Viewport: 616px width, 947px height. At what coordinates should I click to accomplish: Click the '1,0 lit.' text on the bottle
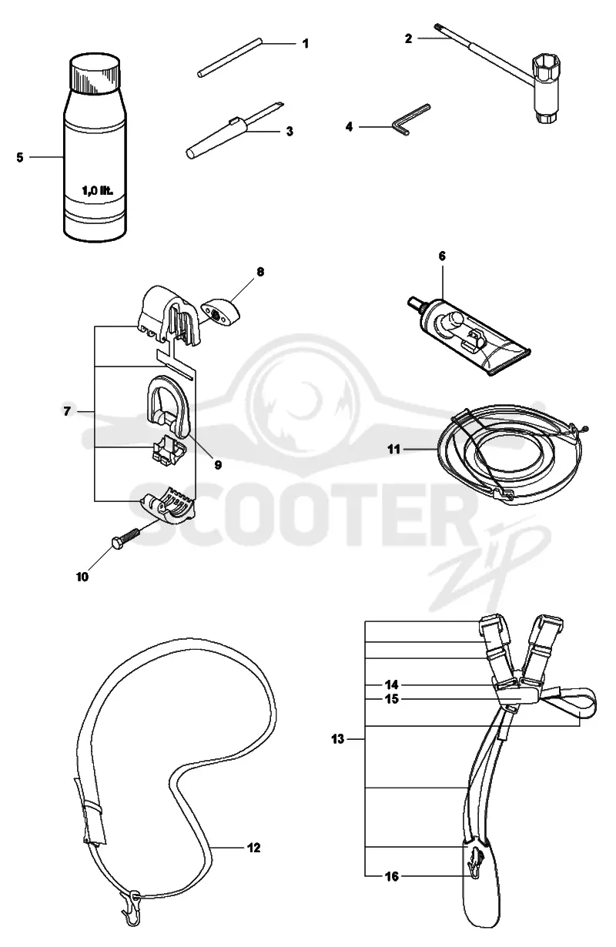coord(97,191)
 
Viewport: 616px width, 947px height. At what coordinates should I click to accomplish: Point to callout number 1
coord(305,43)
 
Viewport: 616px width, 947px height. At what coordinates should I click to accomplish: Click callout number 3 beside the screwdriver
coord(290,131)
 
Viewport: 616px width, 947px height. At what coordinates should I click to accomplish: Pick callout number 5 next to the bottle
coord(20,157)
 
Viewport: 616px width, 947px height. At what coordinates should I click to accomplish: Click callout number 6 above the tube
coord(442,256)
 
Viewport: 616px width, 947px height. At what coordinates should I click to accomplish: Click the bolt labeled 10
coord(126,536)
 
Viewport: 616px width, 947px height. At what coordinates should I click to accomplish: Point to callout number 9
coord(218,465)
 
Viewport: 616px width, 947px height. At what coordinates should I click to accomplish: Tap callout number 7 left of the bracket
coord(67,411)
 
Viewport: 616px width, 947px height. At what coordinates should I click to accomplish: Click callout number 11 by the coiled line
coord(393,449)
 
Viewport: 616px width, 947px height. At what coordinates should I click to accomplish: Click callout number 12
coord(253,848)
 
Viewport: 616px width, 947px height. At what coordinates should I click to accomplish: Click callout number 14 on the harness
coord(392,684)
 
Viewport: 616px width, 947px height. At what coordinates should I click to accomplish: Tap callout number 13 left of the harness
coord(338,739)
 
